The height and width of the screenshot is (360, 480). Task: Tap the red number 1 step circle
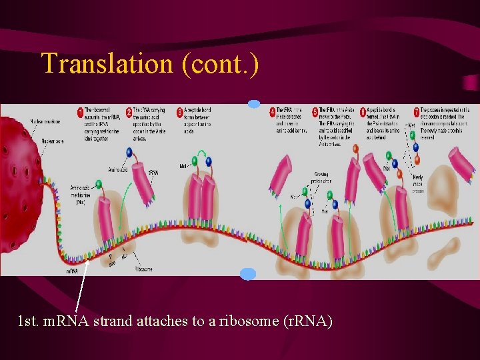[x=80, y=111]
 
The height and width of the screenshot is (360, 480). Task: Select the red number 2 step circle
[x=129, y=111]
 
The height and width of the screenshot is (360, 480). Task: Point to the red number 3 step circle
[x=179, y=111]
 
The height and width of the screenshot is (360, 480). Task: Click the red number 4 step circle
[x=272, y=111]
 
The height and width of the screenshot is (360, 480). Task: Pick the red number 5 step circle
[x=314, y=111]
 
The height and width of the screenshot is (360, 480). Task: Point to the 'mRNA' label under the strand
[x=73, y=271]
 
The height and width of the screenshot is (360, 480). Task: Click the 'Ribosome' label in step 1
[x=143, y=269]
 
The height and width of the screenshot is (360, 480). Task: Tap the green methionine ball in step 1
[x=99, y=185]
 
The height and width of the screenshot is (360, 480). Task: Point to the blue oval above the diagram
[x=254, y=104]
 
